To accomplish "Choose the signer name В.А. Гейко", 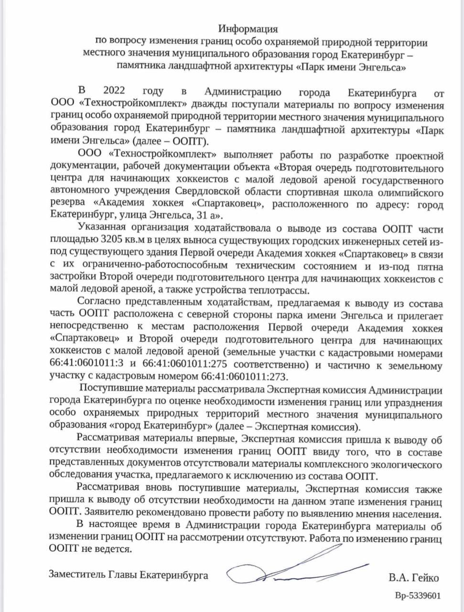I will point(413,578).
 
